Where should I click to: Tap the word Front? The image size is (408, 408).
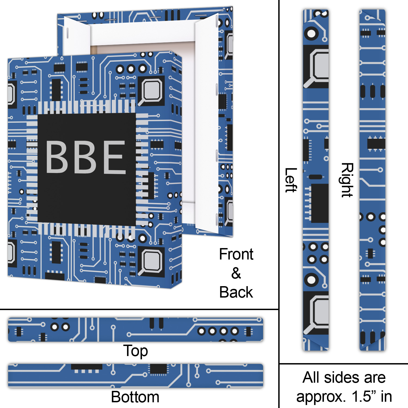pos(236,254)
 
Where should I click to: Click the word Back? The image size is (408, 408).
pos(236,292)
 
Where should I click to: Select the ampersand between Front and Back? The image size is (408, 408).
pos(236,273)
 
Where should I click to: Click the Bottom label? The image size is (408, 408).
pos(135,397)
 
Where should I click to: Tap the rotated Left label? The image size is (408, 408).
pos(290,180)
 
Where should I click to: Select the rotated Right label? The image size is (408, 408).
pos(347,180)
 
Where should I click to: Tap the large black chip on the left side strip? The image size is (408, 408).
pos(319,203)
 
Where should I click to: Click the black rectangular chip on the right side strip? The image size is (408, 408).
pos(376,143)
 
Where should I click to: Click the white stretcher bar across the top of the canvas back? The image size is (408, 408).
pos(141,34)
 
